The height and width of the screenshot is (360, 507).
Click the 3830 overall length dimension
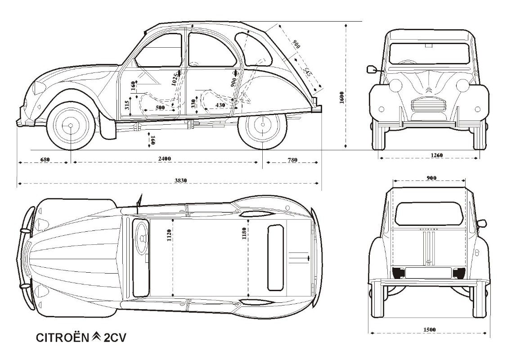pyautogui.click(x=181, y=180)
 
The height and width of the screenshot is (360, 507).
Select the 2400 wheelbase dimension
pyautogui.click(x=165, y=159)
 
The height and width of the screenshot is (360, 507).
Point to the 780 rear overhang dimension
pyautogui.click(x=292, y=159)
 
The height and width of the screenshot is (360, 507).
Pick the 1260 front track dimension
pyautogui.click(x=436, y=155)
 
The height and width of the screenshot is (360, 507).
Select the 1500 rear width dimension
pyautogui.click(x=430, y=330)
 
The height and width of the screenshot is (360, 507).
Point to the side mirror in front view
pyautogui.click(x=372, y=69)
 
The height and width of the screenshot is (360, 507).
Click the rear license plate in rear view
pyautogui.click(x=428, y=272)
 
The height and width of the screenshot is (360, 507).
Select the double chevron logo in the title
pyautogui.click(x=97, y=337)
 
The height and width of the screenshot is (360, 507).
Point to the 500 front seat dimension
pyautogui.click(x=160, y=108)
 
